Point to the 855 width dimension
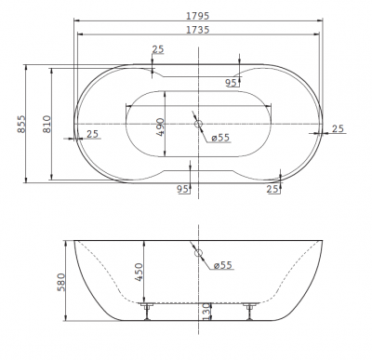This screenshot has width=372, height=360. pos(20,123)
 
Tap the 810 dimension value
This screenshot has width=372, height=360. pos(46,123)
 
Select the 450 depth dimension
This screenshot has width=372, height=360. pos(140,272)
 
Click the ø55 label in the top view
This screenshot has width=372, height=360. pos(221,140)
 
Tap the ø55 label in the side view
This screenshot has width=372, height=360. pos(222,265)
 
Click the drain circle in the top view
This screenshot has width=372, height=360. pos(198,124)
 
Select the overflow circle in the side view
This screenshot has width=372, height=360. pos(197,251)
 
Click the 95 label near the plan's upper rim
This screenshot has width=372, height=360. pos(232,83)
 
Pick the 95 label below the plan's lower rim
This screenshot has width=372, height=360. pos(183,189)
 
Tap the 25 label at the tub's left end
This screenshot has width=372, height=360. pos(92,134)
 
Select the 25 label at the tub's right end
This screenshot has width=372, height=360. pos(338,127)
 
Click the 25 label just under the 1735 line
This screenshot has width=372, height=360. pos(158,48)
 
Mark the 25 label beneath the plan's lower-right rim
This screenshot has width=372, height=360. pos(272,190)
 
